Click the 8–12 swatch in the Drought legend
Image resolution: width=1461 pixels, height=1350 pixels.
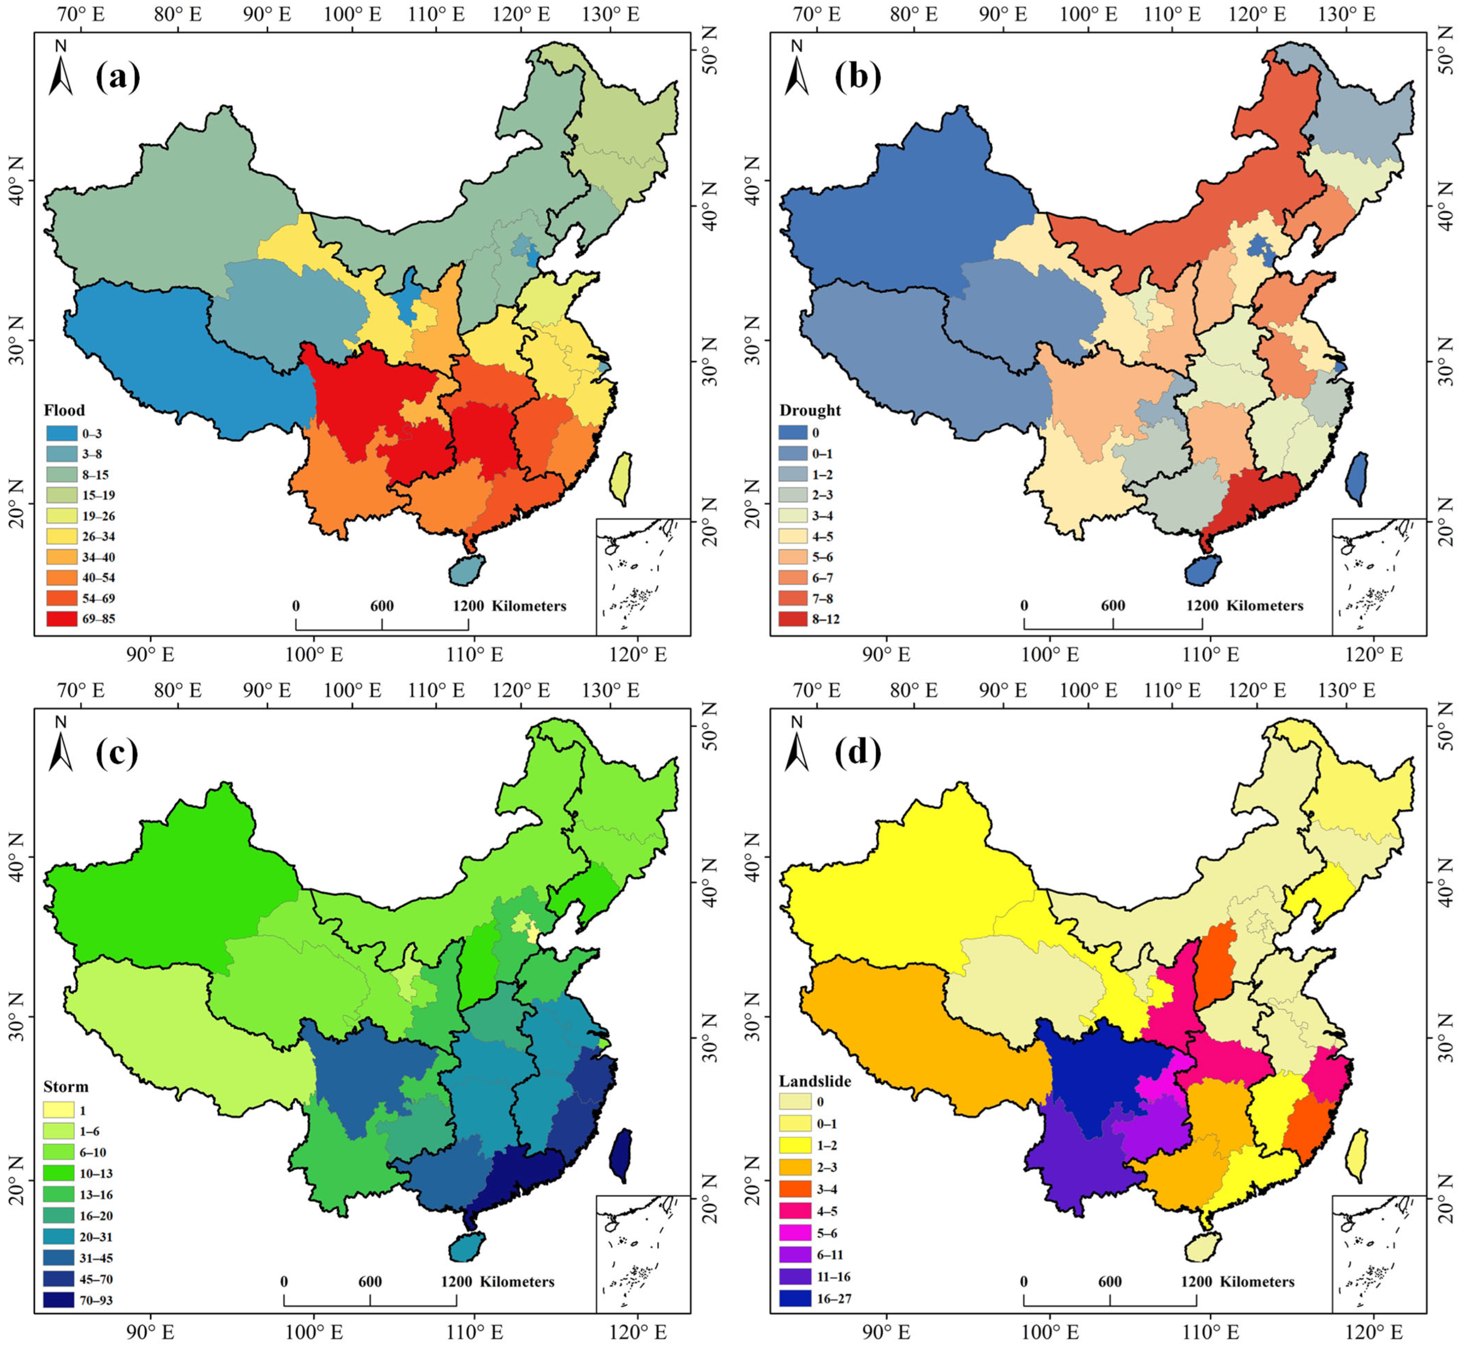[x=797, y=619]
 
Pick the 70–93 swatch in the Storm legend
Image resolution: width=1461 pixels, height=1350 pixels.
[x=58, y=1300]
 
